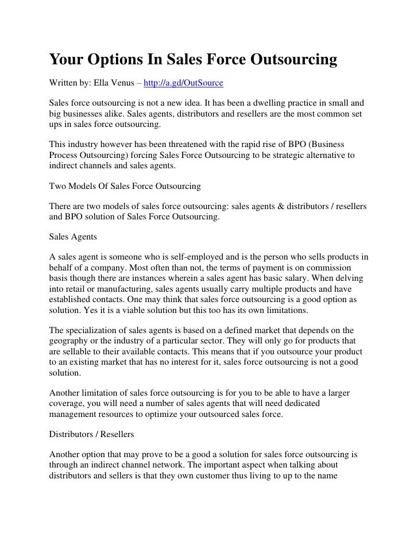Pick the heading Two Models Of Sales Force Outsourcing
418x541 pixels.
pos(125,187)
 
